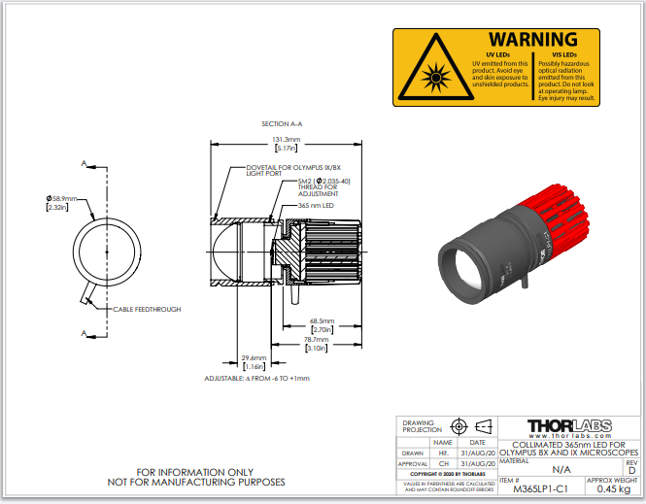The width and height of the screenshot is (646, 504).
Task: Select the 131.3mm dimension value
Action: click(286, 139)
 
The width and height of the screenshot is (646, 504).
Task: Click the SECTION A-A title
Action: click(282, 124)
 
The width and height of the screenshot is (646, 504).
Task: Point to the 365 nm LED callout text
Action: click(316, 206)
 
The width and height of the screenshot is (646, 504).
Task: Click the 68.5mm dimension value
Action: click(322, 321)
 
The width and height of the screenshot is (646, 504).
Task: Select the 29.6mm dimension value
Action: click(255, 357)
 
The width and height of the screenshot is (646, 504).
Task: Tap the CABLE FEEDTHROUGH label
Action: click(147, 309)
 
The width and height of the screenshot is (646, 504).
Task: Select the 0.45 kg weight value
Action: click(612, 489)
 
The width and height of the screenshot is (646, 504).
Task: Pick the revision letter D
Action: click(630, 470)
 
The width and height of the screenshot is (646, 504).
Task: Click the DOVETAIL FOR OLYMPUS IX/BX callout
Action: click(282, 169)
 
